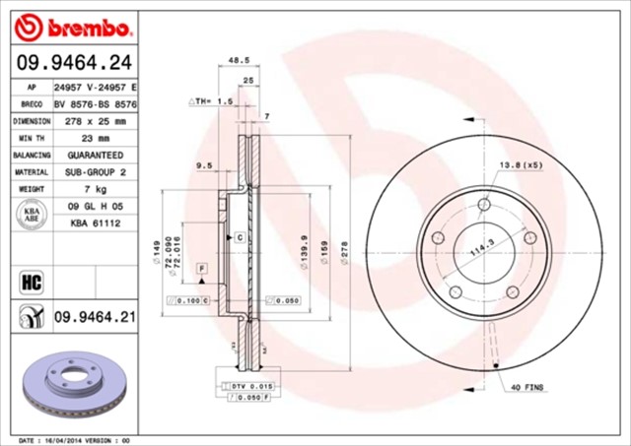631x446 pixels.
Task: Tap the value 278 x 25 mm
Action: point(96,121)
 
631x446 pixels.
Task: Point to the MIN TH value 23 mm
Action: point(96,138)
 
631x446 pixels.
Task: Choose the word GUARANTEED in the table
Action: point(96,156)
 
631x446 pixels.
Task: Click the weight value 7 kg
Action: point(96,189)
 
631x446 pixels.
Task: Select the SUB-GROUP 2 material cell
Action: point(96,172)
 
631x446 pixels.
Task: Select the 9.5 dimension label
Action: point(205,166)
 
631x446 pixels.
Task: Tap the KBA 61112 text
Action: point(96,223)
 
